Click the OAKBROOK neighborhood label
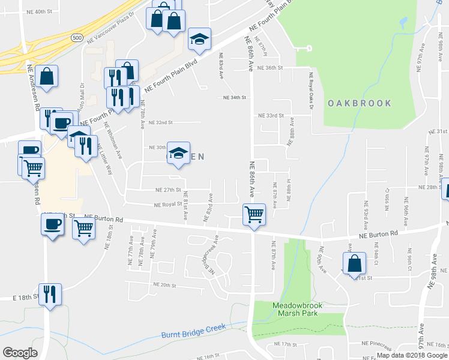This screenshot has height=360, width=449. click(x=360, y=103)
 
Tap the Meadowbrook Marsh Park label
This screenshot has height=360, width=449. click(x=298, y=310)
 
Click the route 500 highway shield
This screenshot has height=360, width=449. click(x=76, y=37)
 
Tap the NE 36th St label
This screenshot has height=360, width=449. click(x=270, y=68)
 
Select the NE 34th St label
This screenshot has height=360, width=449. click(x=235, y=97)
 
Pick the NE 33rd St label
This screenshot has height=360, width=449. click(x=270, y=115)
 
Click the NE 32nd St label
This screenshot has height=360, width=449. click(x=161, y=122)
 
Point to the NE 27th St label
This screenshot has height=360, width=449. click(x=167, y=190)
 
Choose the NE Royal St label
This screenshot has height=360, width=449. click(x=167, y=205)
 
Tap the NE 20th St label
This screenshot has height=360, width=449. click(x=164, y=285)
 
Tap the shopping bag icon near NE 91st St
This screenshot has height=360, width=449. click(x=354, y=263)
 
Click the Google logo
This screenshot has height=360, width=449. click(x=20, y=353)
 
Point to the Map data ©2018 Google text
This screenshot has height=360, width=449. click(x=412, y=355)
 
